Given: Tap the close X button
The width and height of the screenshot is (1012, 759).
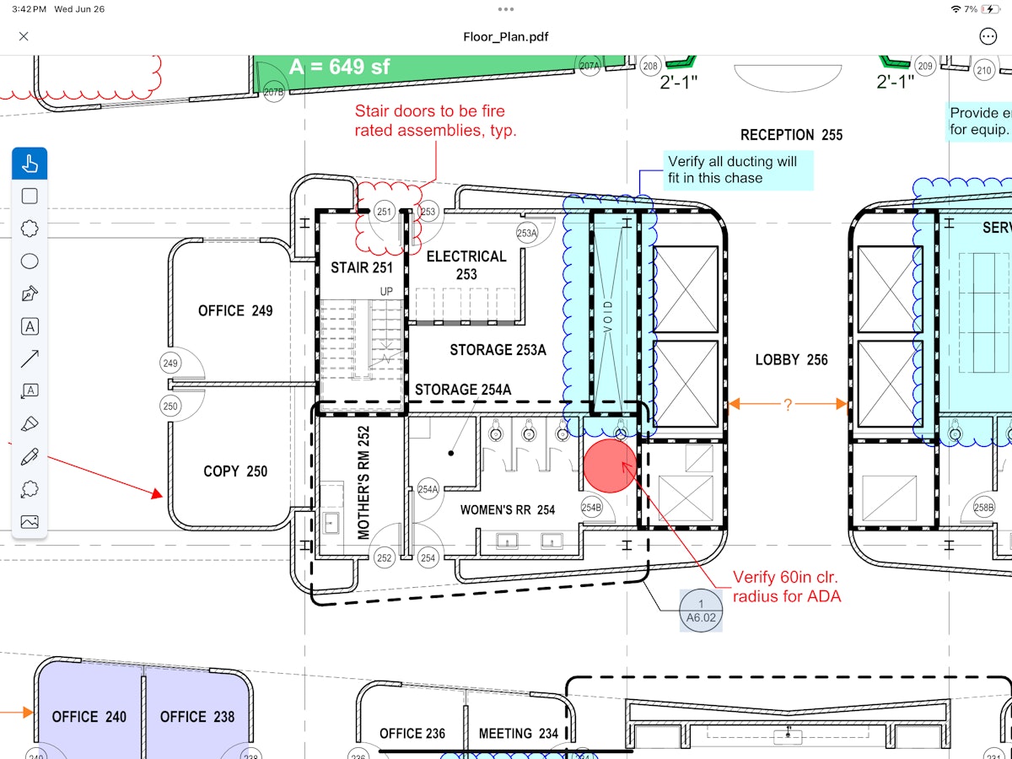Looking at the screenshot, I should click(24, 36).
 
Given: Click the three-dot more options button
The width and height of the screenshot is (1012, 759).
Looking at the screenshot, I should click(988, 36).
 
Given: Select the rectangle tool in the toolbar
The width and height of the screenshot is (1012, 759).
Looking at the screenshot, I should click(30, 196).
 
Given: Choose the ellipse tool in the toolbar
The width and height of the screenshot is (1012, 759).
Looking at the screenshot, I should click(30, 261).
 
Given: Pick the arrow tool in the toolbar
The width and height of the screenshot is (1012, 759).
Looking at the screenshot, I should click(30, 358).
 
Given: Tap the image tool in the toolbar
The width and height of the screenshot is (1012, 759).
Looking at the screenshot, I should click(30, 521).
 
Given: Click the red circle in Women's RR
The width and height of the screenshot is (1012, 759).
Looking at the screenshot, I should click(610, 465).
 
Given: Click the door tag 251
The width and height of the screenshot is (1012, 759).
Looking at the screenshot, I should click(385, 212).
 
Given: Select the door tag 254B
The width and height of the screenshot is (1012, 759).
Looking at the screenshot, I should click(592, 508).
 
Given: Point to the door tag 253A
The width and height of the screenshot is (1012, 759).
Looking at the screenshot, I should click(527, 234).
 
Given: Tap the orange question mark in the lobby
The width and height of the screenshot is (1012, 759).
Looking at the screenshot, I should click(788, 405).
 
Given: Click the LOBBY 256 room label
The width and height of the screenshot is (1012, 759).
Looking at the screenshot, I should click(791, 360).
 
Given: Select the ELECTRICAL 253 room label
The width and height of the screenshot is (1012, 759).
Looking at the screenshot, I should click(466, 265).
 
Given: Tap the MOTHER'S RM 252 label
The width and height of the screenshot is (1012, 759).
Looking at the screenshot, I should click(364, 482).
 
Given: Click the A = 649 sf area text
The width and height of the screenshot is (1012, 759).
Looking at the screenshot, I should click(339, 67).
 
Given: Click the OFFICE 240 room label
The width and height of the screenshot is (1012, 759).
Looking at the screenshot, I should click(89, 717).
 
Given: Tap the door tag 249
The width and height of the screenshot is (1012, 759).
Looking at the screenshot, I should click(170, 363).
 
